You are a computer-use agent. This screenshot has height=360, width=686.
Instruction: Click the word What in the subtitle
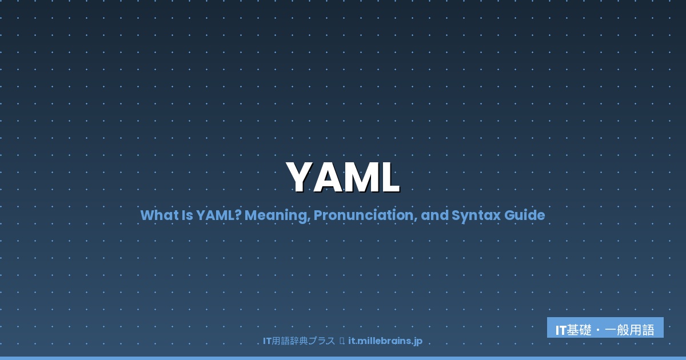pos(155,215)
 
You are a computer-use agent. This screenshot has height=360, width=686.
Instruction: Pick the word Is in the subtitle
pos(184,215)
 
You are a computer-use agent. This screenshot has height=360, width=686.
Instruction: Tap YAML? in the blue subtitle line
pos(217,215)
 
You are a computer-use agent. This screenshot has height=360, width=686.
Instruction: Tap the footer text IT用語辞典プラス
pos(298,341)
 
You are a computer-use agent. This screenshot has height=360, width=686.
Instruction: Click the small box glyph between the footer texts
pos(342,341)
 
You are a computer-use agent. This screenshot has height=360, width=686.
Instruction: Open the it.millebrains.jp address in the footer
pos(385,341)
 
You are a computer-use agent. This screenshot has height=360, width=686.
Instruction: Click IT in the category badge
pos(561,330)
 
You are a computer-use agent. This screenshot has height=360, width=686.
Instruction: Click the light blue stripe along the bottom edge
pos(343,358)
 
